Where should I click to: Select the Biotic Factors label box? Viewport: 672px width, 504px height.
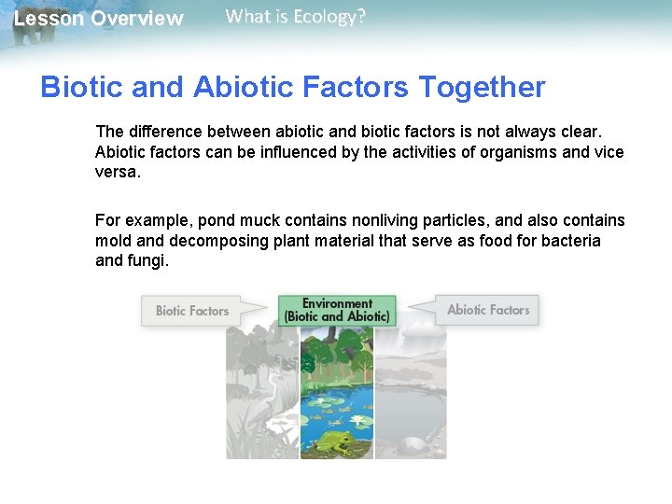[191, 311]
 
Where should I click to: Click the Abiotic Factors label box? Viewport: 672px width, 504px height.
[487, 310]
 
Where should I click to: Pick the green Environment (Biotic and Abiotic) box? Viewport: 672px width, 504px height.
[337, 310]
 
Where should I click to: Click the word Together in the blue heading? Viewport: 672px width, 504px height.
[482, 87]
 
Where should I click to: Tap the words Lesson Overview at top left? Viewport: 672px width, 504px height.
[98, 19]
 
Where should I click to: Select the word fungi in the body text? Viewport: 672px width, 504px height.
[149, 261]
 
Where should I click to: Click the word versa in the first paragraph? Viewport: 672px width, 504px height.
[115, 173]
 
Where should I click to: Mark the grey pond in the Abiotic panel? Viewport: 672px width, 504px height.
[411, 411]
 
